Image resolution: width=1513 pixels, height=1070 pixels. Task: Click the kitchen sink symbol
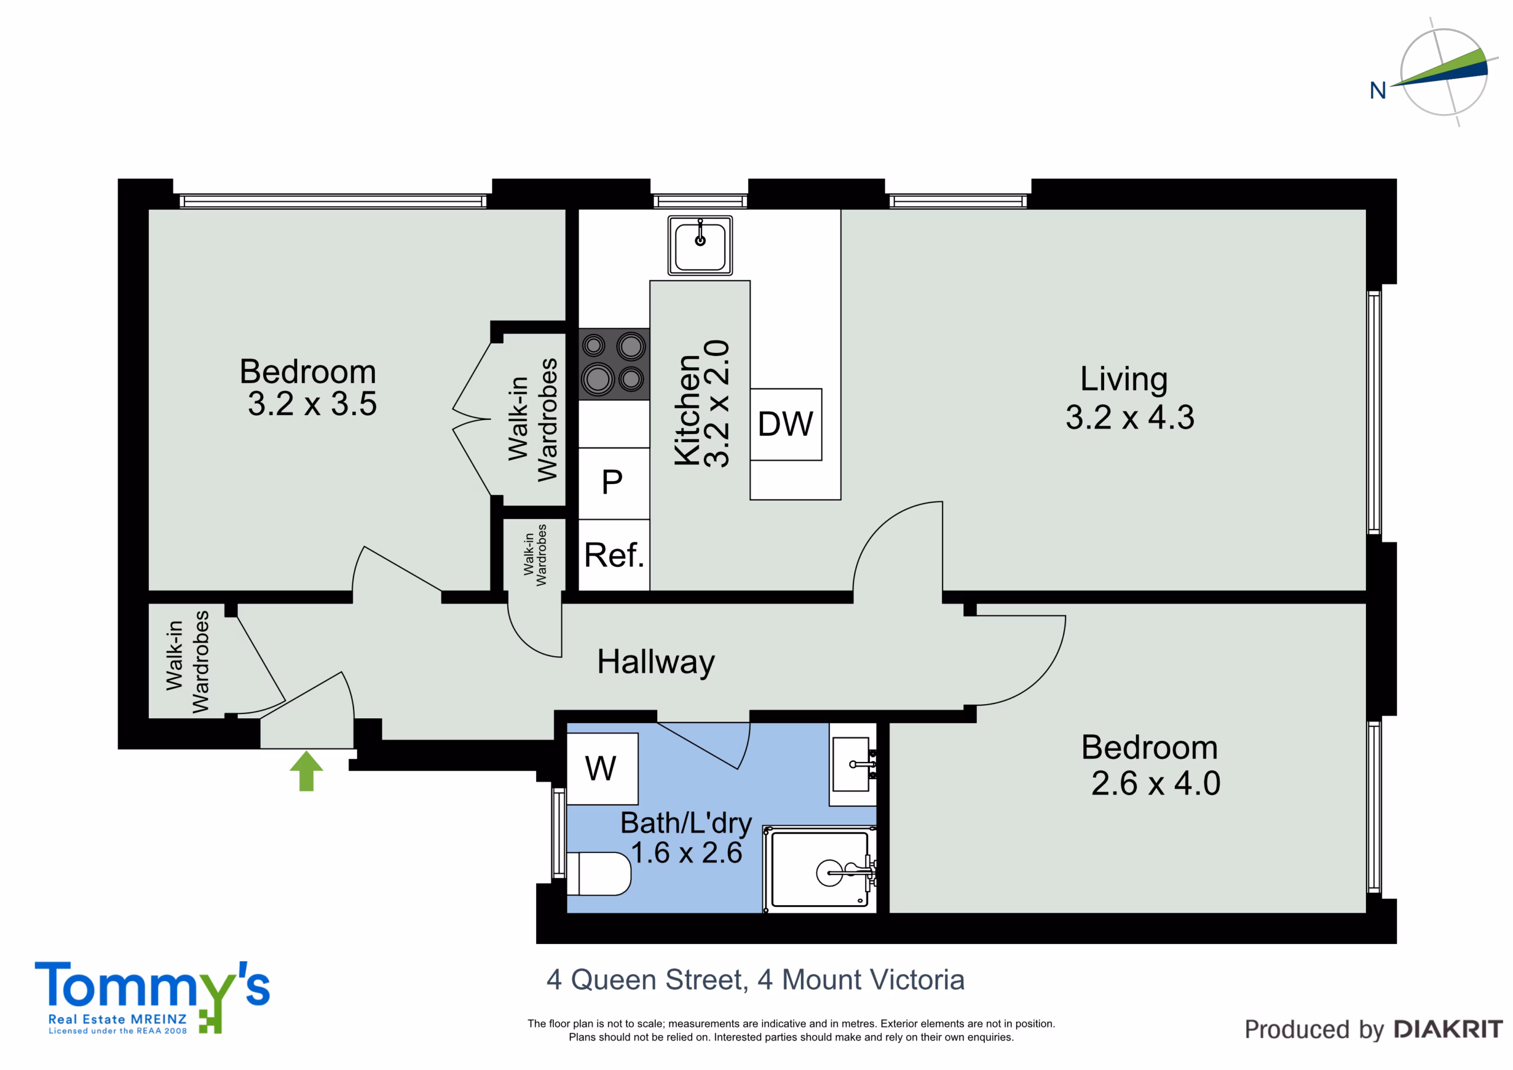[x=700, y=245]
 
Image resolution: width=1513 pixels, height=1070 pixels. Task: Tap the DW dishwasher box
[x=785, y=424]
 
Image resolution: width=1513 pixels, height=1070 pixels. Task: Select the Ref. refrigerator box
[x=614, y=555]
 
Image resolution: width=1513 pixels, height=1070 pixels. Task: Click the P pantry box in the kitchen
[x=614, y=483]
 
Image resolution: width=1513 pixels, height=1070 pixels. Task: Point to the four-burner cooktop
[x=614, y=364]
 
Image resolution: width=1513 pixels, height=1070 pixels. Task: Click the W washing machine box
[x=602, y=769]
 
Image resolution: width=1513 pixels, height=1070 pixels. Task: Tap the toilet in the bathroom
[x=598, y=874]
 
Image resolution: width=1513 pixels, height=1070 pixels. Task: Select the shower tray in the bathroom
[x=820, y=870]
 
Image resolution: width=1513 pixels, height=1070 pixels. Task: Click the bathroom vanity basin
[x=853, y=765]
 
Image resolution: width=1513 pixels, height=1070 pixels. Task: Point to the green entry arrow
[x=306, y=771]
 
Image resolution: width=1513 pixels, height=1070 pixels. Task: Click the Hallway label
[x=655, y=663]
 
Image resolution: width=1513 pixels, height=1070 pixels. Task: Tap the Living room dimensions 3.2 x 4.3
[x=1130, y=417]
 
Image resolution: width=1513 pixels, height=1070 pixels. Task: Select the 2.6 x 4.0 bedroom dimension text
[x=1156, y=783]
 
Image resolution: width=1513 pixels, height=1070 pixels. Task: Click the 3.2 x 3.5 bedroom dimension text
[x=313, y=404]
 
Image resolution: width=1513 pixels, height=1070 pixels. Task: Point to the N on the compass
[x=1378, y=90]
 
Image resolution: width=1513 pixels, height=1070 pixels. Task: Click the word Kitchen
[x=687, y=410]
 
